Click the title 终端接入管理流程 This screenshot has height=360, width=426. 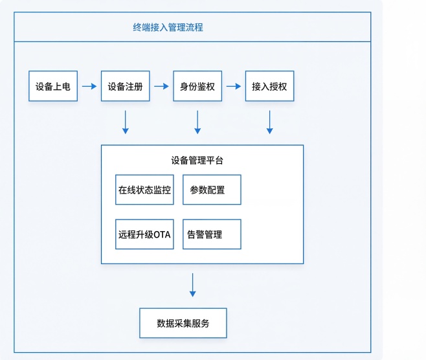tap(168, 28)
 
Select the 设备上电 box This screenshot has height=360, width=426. tap(53, 86)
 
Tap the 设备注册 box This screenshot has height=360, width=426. tap(125, 86)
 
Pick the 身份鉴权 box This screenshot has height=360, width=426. tap(197, 86)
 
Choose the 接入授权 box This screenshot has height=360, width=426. tap(269, 86)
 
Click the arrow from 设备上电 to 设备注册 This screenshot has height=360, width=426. tap(89, 86)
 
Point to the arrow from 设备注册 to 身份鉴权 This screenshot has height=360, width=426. tap(161, 86)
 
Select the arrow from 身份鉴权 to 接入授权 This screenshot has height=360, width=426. tap(233, 86)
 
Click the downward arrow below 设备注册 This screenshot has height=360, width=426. tap(125, 122)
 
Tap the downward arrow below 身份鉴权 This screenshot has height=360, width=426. tap(197, 122)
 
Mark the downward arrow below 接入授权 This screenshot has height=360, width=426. tap(269, 122)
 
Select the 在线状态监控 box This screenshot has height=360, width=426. tap(144, 190)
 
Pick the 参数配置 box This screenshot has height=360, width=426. tap(212, 190)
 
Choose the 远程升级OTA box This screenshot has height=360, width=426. tap(144, 234)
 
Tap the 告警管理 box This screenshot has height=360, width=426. tap(212, 234)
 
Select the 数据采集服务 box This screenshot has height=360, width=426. tap(183, 323)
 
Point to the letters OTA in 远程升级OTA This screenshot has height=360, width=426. tap(163, 234)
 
